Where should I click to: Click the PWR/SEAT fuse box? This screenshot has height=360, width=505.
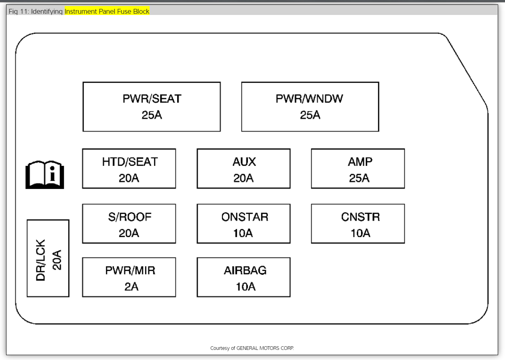[x=152, y=107]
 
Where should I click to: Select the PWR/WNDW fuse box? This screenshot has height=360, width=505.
[x=310, y=107]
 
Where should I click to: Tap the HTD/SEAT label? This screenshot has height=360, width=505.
[x=129, y=162]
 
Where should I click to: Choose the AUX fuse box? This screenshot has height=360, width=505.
[x=243, y=169]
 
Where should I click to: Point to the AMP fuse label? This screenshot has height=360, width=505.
[x=360, y=162]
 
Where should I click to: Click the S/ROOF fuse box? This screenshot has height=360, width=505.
[x=129, y=224]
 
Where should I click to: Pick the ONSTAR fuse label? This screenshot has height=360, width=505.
[x=245, y=217]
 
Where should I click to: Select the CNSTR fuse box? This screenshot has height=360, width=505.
[x=358, y=224]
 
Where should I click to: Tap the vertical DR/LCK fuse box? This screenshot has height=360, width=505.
[x=48, y=258]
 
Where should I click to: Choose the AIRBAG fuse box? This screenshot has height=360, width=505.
[x=243, y=277]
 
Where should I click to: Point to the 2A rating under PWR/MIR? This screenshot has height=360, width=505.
[x=131, y=287]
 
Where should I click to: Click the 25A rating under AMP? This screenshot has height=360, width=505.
[x=359, y=178]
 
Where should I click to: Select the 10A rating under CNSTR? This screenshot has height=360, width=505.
[x=360, y=233]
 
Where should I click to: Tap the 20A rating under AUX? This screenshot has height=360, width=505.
[x=243, y=178]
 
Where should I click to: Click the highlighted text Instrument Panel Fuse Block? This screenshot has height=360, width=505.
[x=107, y=11]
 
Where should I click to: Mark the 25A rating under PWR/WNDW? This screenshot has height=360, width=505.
[x=310, y=115]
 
